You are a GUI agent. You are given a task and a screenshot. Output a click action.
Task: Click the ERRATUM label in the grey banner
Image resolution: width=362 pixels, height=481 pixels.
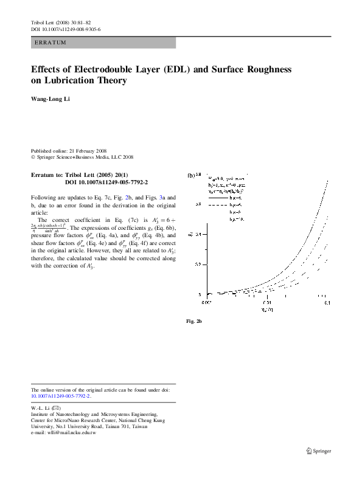click(x=50, y=43)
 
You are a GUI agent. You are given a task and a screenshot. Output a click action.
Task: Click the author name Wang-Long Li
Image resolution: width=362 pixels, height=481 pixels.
click(x=50, y=99)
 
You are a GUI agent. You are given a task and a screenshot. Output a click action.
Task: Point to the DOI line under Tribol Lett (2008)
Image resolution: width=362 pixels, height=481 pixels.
click(x=66, y=29)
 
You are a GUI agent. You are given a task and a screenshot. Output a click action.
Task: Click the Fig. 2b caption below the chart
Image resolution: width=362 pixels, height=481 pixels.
click(x=193, y=320)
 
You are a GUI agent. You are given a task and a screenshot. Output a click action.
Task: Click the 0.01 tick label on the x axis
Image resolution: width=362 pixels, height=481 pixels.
click(x=266, y=302)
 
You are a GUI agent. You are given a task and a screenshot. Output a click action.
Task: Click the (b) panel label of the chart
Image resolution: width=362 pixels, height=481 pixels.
click(x=191, y=175)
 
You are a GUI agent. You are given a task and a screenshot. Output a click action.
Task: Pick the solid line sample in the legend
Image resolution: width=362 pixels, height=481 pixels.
click(x=217, y=198)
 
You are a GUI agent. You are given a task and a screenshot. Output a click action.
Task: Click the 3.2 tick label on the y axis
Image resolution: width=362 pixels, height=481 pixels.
click(x=198, y=265)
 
